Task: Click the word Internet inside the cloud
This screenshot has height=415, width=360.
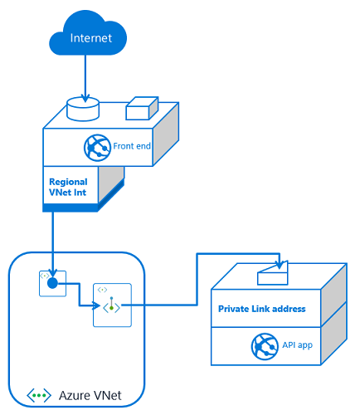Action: (x=89, y=38)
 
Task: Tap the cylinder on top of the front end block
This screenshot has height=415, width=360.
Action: (x=82, y=107)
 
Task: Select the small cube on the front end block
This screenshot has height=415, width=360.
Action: (x=140, y=109)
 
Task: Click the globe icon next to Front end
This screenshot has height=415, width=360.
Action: (x=99, y=147)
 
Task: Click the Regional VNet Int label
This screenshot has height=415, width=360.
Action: (x=68, y=187)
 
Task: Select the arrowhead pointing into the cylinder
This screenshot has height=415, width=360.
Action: (x=83, y=95)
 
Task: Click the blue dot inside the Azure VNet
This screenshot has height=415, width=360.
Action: (x=51, y=283)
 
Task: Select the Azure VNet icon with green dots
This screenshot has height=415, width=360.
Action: (x=39, y=396)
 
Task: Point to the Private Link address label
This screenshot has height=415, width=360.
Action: (x=261, y=309)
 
